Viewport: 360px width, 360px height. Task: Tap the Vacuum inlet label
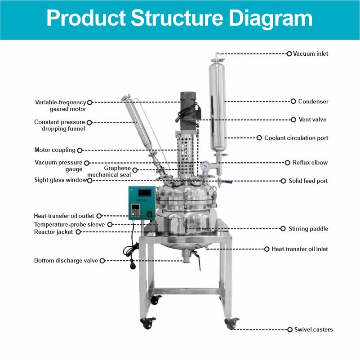click(x=311, y=54)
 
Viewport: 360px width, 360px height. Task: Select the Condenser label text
click(x=313, y=102)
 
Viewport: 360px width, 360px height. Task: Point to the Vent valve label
click(x=312, y=120)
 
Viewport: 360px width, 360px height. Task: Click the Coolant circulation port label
click(x=296, y=138)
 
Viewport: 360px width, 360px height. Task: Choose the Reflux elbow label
click(x=310, y=163)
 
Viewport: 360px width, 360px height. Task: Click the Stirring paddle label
click(x=309, y=229)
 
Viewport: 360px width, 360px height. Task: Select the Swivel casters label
click(x=313, y=329)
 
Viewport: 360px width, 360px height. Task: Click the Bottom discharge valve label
click(x=66, y=261)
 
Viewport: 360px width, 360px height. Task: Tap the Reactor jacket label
click(x=54, y=232)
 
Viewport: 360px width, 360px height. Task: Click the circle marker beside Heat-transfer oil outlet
click(x=99, y=216)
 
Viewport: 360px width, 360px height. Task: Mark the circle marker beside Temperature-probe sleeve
click(x=110, y=224)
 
